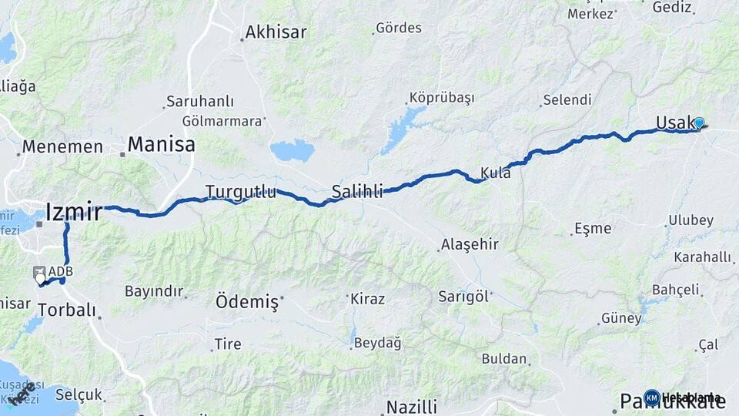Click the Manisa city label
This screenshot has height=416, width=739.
point(161,144)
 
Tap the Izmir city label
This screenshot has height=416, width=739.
point(74,212)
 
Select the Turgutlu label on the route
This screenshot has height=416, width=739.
point(240,192)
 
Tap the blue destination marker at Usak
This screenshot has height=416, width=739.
point(699,122)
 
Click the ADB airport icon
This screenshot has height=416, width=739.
point(39,273)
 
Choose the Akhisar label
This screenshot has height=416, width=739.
point(276,32)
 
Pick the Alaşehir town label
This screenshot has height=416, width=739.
point(470,245)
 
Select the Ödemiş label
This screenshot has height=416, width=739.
point(246,302)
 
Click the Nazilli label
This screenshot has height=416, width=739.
point(412,406)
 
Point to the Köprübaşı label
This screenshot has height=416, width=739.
point(442,98)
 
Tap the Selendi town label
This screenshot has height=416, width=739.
point(567,100)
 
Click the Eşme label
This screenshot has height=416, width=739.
point(593,228)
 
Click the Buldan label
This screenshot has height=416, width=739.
point(505,358)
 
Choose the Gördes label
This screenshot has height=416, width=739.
point(399,29)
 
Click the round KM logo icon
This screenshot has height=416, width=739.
point(651,398)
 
